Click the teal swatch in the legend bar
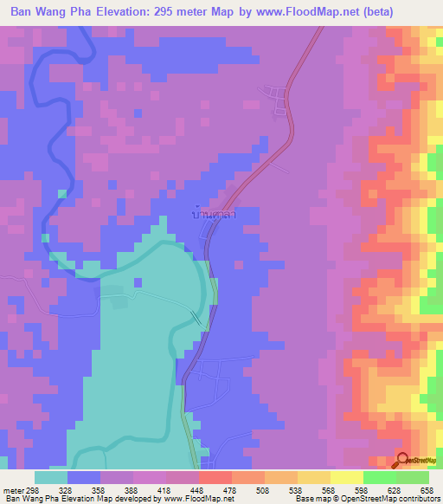pos(51,477)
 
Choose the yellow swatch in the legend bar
pos(346,477)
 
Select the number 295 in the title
pos(180,12)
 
